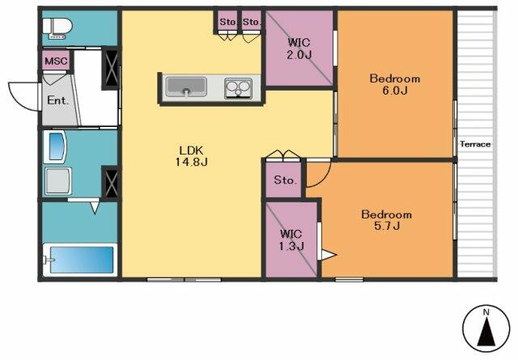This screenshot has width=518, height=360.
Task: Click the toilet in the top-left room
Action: (x=57, y=28)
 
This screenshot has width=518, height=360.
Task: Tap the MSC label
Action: (x=56, y=61)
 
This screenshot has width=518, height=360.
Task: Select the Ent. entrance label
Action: (x=57, y=100)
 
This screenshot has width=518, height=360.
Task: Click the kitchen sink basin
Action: (x=186, y=87)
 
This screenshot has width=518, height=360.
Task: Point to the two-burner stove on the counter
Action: (x=238, y=88)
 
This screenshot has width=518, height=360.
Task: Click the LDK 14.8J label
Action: (x=191, y=156)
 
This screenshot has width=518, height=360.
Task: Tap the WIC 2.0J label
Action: (x=299, y=49)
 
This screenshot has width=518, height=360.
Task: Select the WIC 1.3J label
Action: (x=291, y=239)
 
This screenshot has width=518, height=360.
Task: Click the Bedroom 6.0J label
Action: (x=395, y=84)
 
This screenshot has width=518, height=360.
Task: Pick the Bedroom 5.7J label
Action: (x=387, y=220)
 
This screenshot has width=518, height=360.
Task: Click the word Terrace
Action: (x=475, y=144)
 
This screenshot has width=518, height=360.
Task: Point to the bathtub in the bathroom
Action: (x=80, y=260)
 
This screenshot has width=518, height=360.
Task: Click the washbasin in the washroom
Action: (x=55, y=147)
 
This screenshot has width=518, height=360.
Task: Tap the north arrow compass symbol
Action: (x=486, y=328)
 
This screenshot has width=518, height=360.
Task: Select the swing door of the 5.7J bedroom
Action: (x=318, y=175)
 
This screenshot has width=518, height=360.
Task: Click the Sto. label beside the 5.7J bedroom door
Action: (x=286, y=180)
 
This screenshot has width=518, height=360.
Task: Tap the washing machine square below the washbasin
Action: (x=58, y=181)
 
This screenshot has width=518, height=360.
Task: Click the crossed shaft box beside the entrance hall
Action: (x=111, y=70)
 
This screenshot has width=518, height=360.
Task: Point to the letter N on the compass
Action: (x=486, y=311)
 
